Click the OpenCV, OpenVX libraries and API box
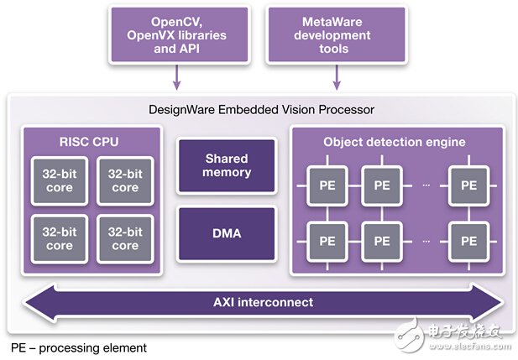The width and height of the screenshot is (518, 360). tap(176, 35)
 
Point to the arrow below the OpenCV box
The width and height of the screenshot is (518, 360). tap(176, 81)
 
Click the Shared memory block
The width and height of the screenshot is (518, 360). tap(228, 165)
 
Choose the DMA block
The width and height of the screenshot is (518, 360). tap(228, 232)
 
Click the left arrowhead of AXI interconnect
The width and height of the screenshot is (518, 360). tap(34, 302)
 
